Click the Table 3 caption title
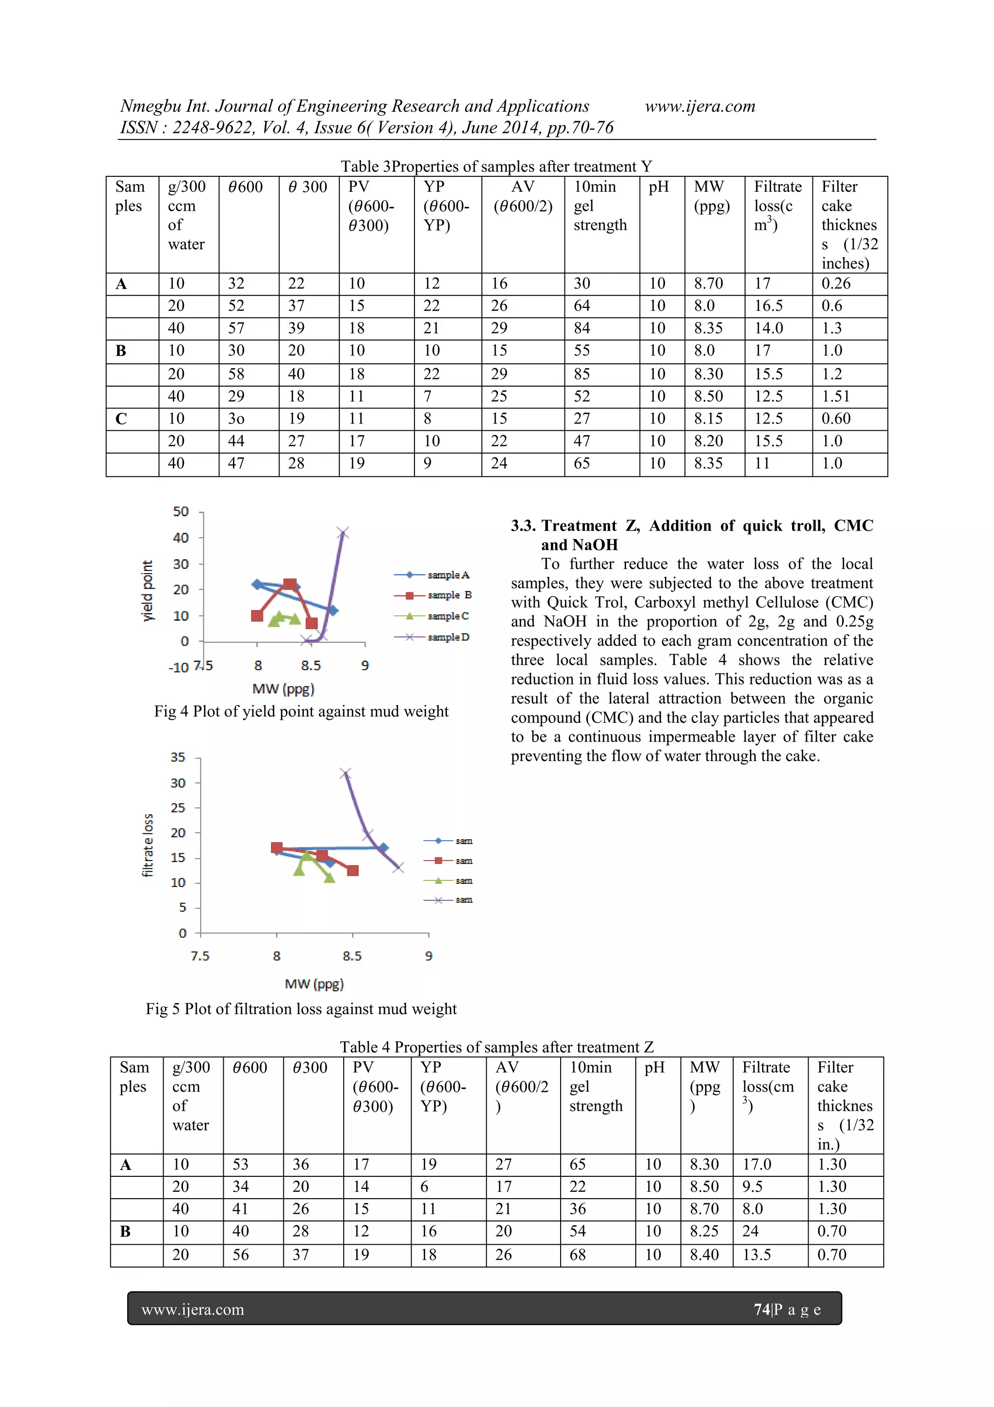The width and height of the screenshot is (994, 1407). pos(496,166)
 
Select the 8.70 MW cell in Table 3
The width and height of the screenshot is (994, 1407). pos(709,284)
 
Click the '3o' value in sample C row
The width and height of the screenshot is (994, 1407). pos(236,419)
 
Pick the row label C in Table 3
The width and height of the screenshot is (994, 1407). pos(121,419)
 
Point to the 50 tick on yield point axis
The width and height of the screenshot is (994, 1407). pos(181,511)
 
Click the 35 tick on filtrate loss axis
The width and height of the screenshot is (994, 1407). pos(178,758)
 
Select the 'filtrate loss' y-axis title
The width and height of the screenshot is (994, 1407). pos(148,845)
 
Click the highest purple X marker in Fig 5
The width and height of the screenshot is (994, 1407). pos(346,773)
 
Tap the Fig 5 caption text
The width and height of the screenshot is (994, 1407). pos(301,1009)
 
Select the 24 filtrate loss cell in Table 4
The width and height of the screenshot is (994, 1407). pos(750,1231)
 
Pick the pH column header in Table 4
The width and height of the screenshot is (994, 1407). pos(654,1068)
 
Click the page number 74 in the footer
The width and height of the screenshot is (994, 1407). pos(761,1309)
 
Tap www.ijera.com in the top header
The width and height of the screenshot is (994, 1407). pos(700,107)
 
